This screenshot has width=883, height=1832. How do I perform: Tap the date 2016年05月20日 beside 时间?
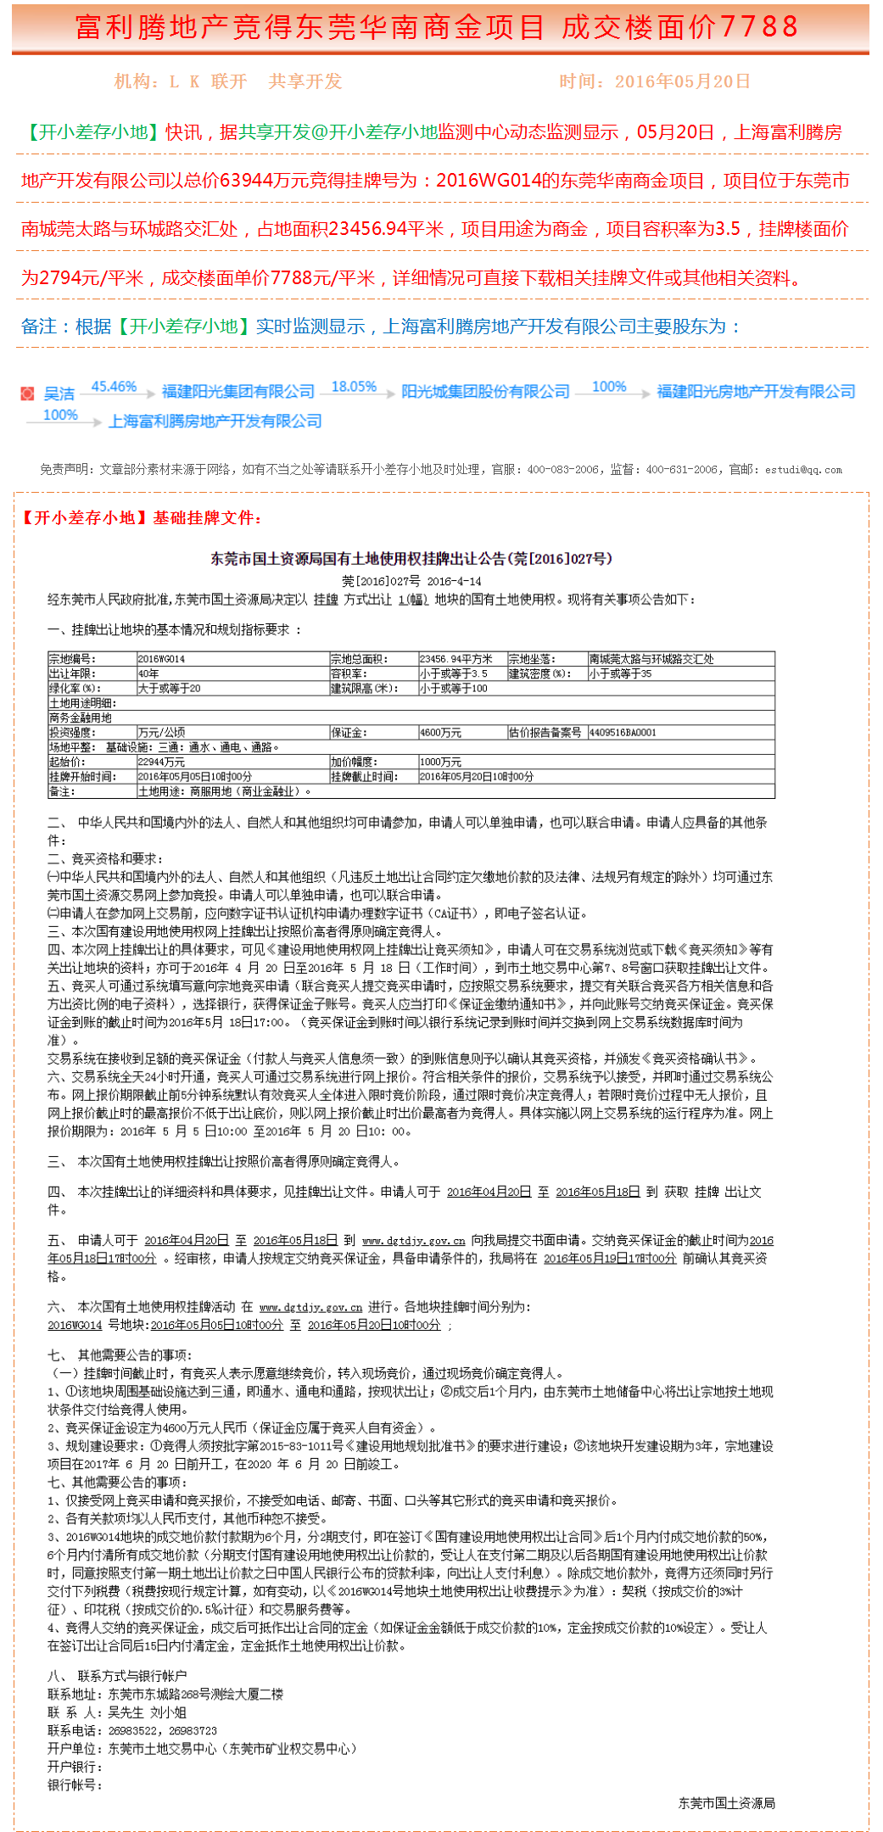[682, 81]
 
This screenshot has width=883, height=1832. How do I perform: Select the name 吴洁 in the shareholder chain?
[59, 394]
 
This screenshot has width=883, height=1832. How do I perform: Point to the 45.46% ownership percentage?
[114, 387]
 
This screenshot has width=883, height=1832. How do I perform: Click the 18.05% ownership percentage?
[354, 387]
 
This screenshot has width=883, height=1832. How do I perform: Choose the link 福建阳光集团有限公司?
[238, 392]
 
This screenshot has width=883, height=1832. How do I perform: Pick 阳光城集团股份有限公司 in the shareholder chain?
[485, 392]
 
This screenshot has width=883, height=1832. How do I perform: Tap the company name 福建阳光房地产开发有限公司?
[756, 392]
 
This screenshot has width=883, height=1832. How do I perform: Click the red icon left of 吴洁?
[28, 394]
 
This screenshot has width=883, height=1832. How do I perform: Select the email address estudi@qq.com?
[803, 469]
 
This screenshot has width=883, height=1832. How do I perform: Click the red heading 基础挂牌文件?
[207, 518]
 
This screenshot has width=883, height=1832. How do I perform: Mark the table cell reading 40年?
[148, 673]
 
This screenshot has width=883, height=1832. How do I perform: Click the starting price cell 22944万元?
[161, 762]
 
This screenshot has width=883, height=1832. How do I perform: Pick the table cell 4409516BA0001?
[623, 732]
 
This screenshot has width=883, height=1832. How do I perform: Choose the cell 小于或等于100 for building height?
[454, 688]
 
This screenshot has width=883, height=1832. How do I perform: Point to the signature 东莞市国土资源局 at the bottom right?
[726, 1803]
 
